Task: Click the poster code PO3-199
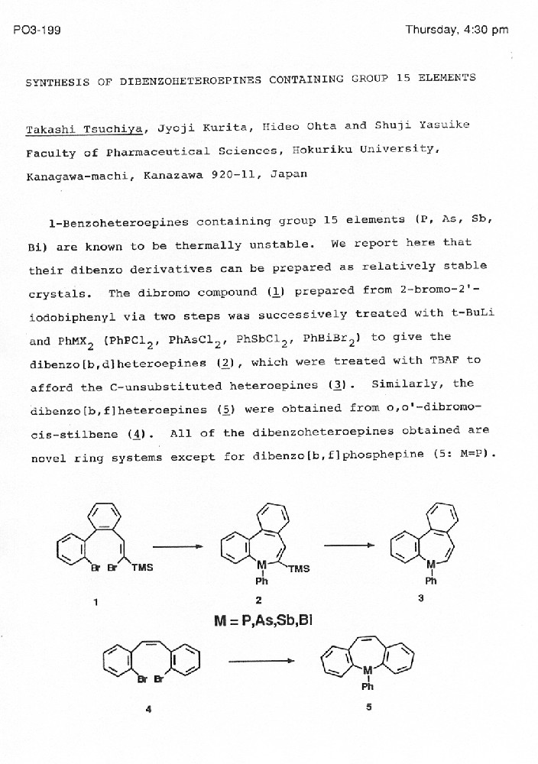pos(37,31)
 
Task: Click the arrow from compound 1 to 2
pos(177,545)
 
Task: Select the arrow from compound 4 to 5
pos(261,660)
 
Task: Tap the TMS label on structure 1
pos(142,567)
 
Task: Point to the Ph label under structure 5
pos(368,686)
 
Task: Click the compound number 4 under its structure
pos(149,709)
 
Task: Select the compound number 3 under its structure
pos(421,598)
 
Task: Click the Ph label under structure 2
pos(262,581)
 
